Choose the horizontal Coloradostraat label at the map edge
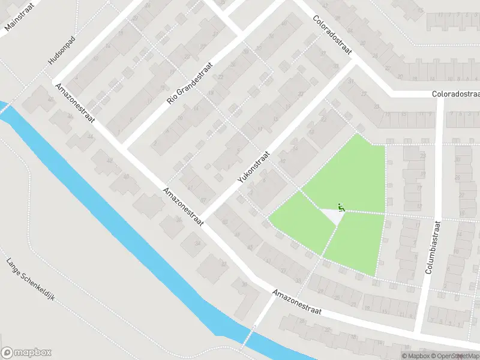click(x=456, y=94)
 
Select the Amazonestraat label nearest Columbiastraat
click(x=296, y=303)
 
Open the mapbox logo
click(x=26, y=353)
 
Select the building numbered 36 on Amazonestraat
click(x=178, y=218)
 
